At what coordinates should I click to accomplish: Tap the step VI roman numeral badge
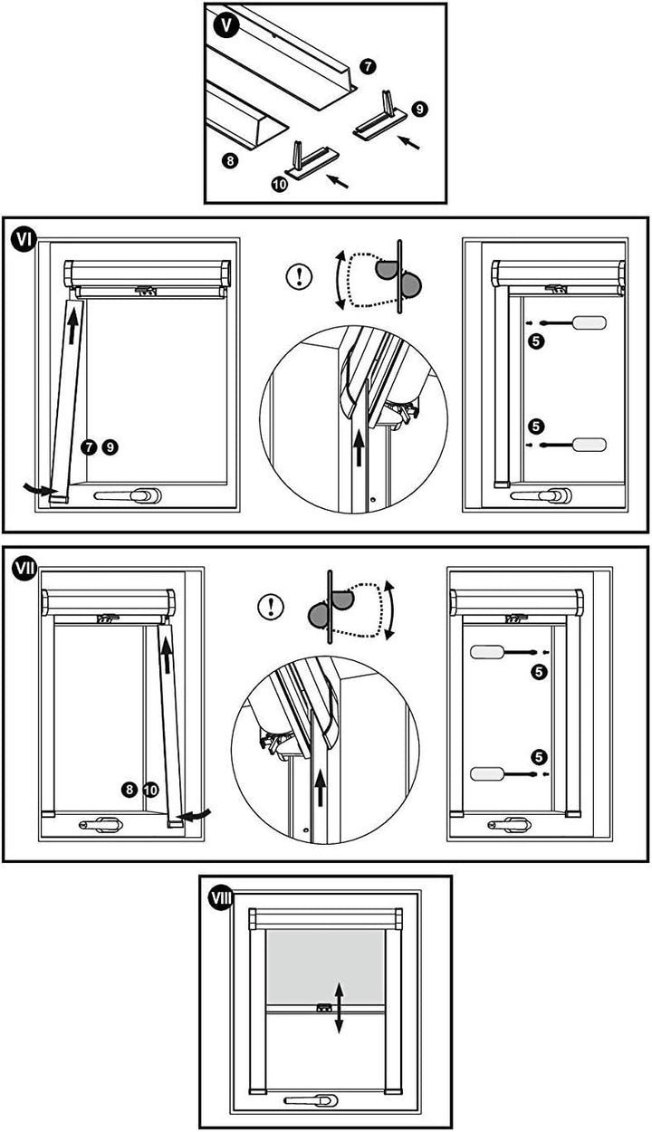pos(24,239)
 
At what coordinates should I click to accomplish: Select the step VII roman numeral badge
pos(24,568)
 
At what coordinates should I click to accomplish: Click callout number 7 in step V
pos(367,66)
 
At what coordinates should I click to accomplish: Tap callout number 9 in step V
pos(418,108)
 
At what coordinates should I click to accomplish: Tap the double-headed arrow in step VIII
pos(339,1006)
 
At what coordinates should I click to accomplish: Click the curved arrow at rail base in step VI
pos(41,489)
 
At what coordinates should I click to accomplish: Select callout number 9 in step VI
pos(109,446)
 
